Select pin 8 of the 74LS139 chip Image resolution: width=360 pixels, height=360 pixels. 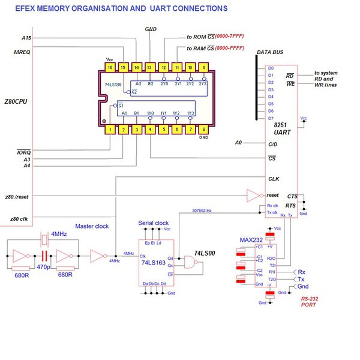pos(205,129)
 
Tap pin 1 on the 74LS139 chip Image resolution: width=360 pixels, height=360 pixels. pos(109,129)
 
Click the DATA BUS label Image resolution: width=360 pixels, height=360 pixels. pos(271,53)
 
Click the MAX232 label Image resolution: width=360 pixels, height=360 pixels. pos(252,240)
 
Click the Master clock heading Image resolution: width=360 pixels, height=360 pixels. pos(91,226)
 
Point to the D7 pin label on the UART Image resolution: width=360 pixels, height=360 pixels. pos(270,118)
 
